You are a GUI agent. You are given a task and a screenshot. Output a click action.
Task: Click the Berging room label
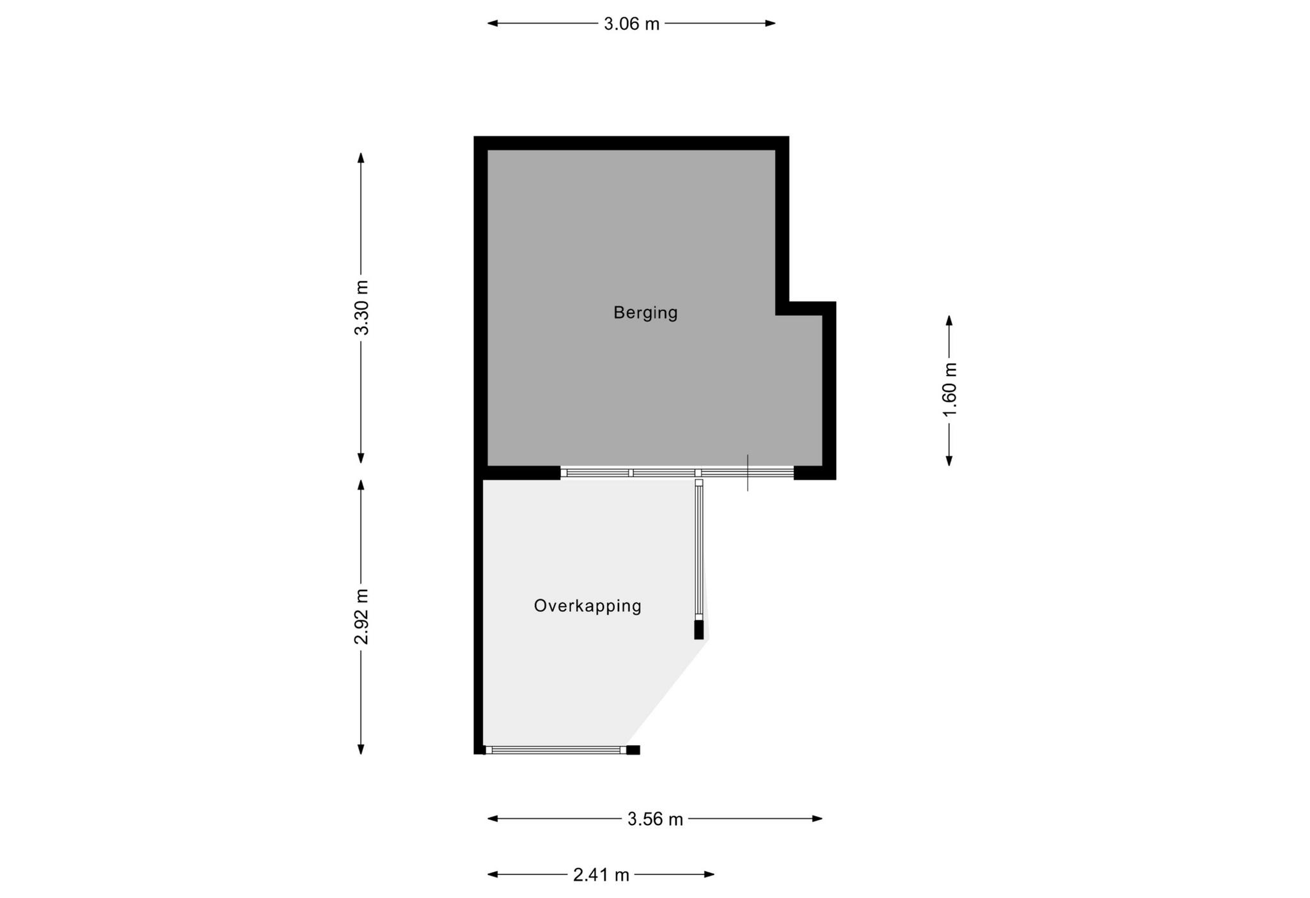point(645,313)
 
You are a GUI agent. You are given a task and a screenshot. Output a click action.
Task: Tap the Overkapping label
point(587,606)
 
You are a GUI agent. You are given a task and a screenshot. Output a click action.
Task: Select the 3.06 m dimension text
point(631,24)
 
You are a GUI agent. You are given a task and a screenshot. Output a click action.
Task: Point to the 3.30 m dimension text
point(361,308)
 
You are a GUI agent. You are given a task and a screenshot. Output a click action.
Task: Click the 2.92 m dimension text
point(361,617)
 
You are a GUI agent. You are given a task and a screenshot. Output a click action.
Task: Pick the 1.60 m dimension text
point(950,390)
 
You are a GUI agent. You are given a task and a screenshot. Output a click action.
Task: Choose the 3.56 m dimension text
point(655,819)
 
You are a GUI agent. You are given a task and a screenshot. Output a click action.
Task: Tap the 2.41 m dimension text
point(601,875)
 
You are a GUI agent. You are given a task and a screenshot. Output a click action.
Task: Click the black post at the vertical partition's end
point(698,629)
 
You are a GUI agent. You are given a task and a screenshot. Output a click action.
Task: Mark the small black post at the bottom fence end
point(633,750)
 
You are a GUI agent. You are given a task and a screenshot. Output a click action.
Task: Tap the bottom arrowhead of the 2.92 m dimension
point(361,749)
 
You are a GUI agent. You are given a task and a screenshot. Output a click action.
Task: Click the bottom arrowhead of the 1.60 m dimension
point(949,460)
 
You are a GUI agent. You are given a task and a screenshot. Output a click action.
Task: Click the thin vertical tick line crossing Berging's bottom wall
point(748,473)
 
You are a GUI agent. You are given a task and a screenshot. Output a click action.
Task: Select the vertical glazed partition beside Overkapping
point(699,550)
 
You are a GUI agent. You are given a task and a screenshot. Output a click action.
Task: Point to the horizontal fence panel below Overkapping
point(553,750)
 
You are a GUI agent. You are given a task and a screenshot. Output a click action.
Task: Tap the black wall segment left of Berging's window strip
point(521,473)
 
